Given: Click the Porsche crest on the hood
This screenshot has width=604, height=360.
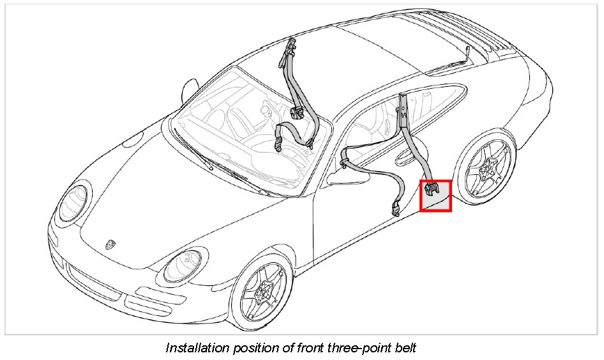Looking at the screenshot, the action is click(x=111, y=244).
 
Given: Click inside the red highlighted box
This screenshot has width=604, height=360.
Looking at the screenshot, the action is click(x=435, y=195).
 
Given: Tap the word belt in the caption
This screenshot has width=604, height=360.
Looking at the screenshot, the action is click(x=403, y=348).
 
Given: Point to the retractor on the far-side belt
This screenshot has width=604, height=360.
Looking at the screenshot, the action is click(x=296, y=114).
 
